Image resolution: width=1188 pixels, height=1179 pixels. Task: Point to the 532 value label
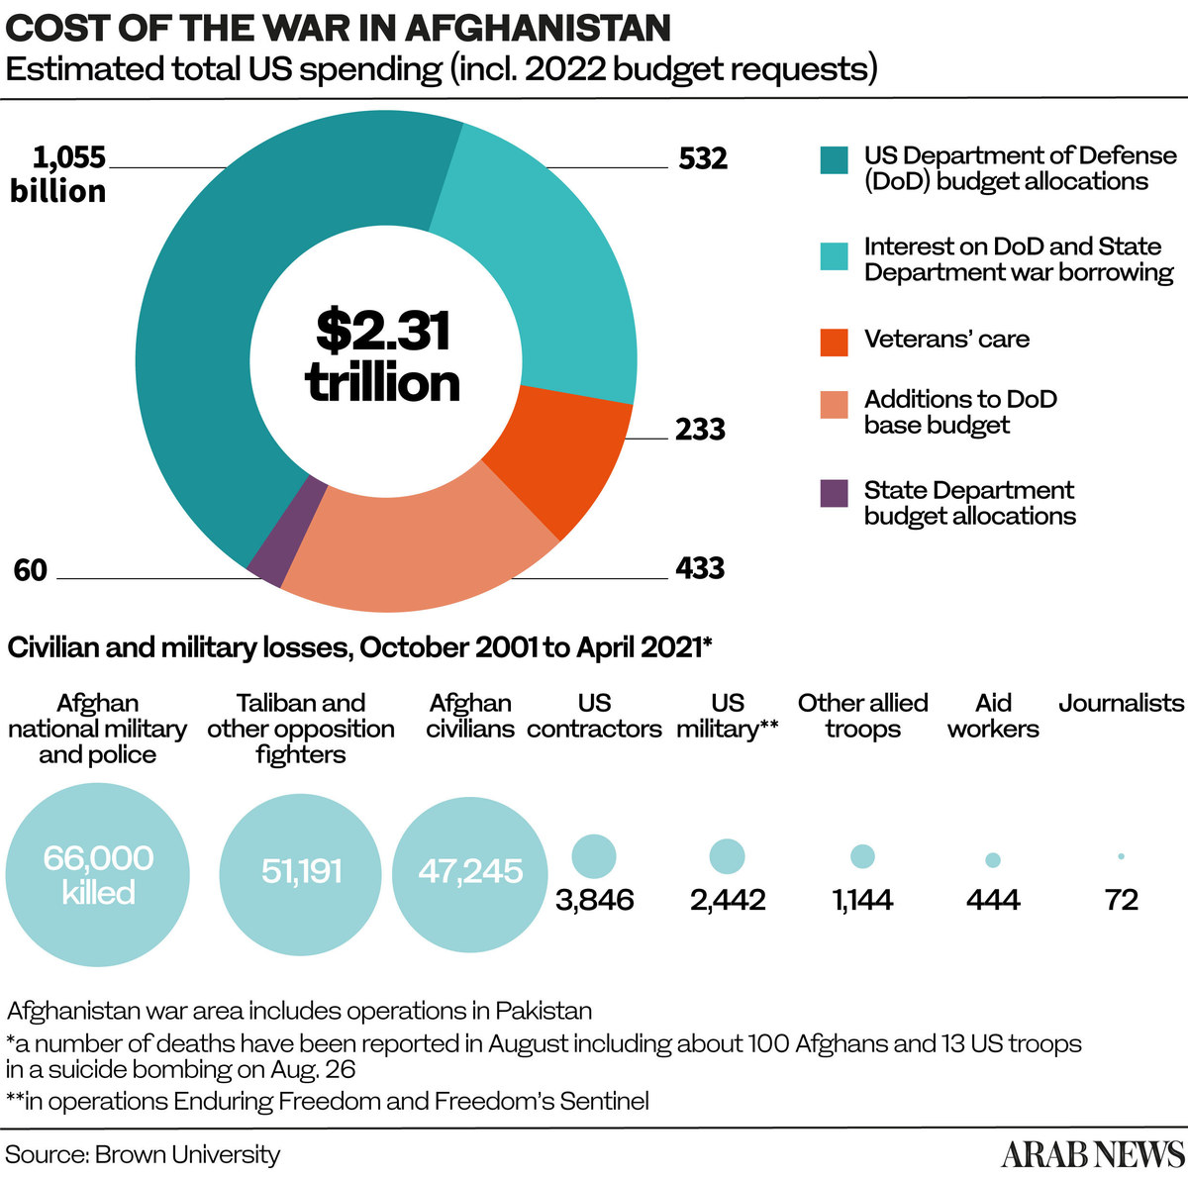point(703,159)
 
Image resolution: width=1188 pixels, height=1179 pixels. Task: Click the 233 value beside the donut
point(700,430)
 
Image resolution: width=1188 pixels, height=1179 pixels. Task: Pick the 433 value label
point(700,569)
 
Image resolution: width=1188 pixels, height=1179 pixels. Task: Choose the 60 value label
point(31,571)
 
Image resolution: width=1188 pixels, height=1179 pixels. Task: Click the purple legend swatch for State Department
point(835,493)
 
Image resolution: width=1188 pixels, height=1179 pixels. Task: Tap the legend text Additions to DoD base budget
point(960,413)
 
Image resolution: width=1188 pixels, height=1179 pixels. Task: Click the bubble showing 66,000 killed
point(98,874)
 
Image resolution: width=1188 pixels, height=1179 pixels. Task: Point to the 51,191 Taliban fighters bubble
point(301,871)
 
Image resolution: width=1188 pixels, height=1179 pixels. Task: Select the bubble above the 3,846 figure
point(594,856)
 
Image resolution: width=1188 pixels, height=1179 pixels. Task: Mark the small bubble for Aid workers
point(993,860)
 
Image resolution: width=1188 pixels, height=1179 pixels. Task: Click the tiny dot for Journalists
point(1121,856)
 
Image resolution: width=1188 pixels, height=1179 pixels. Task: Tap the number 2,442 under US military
point(728,900)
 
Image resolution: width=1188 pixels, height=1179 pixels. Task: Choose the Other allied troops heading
point(863,716)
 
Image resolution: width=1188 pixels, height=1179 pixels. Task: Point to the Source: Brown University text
point(144,1154)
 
